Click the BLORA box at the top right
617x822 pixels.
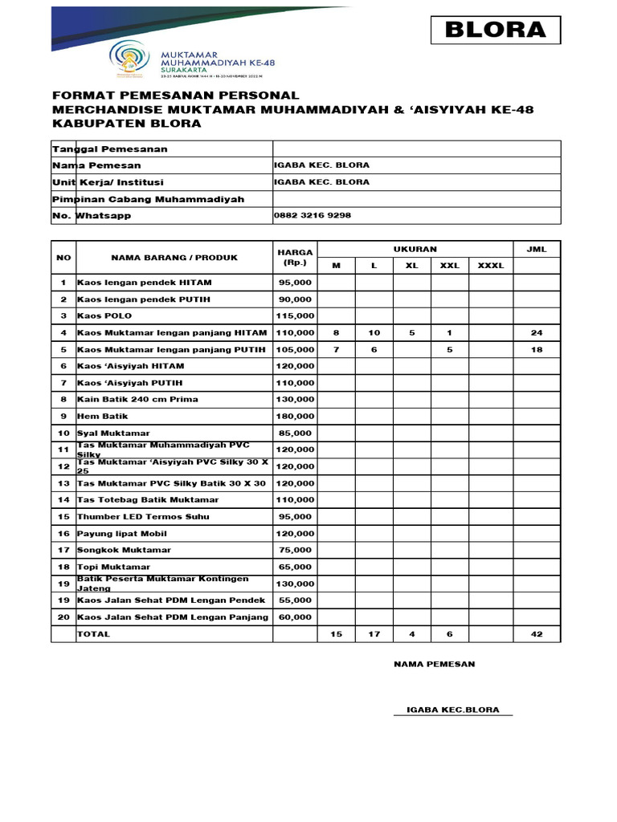[x=495, y=30]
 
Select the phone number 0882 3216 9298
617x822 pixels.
[x=313, y=216]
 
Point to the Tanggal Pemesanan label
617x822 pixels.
[x=110, y=149]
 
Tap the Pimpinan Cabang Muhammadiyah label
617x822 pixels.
[x=149, y=199]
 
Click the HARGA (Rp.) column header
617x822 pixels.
[x=295, y=258]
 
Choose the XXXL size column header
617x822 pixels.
[x=491, y=266]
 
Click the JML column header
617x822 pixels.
[x=536, y=250]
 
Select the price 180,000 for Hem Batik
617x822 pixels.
[x=295, y=417]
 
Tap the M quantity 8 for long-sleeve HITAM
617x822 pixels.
[x=336, y=332]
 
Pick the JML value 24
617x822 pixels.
[x=536, y=332]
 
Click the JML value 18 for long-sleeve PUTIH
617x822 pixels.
[x=536, y=349]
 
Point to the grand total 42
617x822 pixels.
[x=536, y=634]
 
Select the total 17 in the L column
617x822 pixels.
[x=374, y=634]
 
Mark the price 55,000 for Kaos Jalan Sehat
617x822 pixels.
[x=295, y=600]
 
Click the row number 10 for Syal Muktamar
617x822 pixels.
[x=63, y=433]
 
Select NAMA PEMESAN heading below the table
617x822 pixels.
[x=434, y=664]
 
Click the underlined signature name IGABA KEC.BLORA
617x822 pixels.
[x=453, y=710]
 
